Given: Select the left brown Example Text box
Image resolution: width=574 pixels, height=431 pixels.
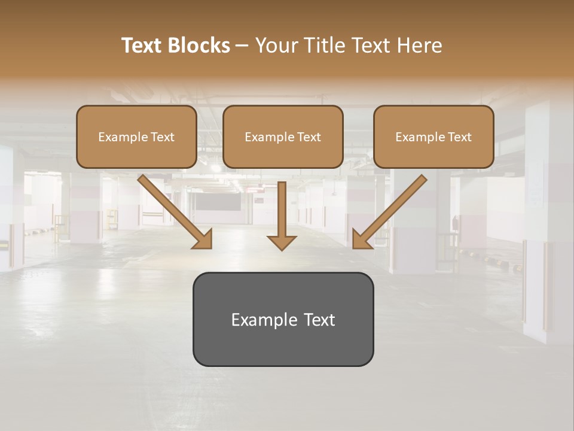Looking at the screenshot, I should click(136, 136).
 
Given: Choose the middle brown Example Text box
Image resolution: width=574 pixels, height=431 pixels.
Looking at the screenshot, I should click(283, 136).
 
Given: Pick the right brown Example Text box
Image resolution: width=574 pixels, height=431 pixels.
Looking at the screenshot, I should click(433, 136).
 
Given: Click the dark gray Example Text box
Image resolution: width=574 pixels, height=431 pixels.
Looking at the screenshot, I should click(283, 319).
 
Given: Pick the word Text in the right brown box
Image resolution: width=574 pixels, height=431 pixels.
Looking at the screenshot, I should click(459, 137).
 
